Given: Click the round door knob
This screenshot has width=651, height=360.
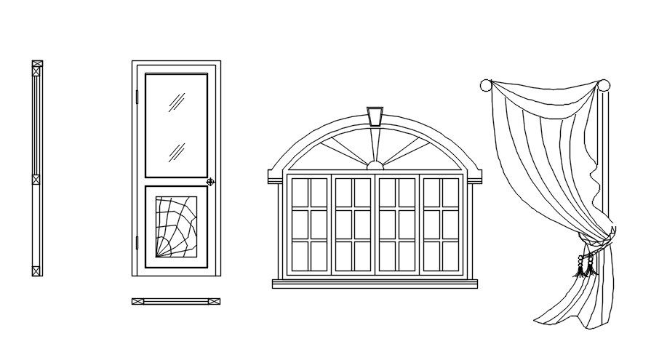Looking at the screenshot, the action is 210,182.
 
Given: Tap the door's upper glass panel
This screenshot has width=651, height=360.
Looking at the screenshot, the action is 176,124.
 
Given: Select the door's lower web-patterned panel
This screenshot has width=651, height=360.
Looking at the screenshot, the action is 176,226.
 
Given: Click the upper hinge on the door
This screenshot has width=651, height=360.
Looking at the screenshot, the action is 136,94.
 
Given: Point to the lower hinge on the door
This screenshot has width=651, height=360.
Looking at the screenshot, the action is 136,242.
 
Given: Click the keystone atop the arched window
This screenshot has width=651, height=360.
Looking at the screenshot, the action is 375,116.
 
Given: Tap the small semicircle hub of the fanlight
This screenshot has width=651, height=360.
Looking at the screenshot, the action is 375,166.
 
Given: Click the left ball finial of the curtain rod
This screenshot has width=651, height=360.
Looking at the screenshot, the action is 486,85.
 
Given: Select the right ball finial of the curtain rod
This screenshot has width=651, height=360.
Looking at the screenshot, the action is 604,85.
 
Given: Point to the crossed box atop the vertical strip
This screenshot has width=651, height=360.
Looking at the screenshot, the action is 37,65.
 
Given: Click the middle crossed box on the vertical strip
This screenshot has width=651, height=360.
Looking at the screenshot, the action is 37,178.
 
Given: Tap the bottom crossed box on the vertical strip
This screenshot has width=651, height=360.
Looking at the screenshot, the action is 37,271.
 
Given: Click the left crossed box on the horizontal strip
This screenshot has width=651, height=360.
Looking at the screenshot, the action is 138,301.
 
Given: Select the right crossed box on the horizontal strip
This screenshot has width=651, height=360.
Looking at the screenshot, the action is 214,301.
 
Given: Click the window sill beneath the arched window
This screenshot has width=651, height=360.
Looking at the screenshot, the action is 375,283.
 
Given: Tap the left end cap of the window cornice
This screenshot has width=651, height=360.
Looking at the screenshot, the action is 274,176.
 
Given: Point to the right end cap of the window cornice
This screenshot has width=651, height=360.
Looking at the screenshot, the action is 475,176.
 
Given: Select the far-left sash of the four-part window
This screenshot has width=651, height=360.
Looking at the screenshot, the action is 308,225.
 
